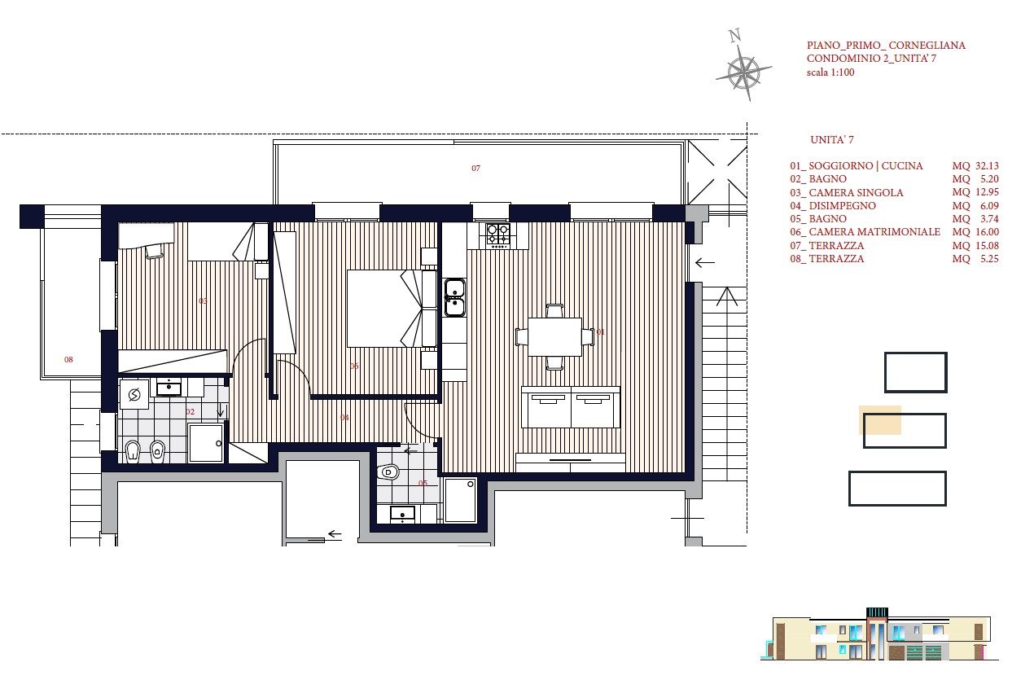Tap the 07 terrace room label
tap(476, 169)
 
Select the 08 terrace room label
tap(68, 360)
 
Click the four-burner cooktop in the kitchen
tap(498, 234)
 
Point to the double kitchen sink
tap(454, 297)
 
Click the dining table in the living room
tap(554, 336)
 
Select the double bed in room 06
tap(392, 309)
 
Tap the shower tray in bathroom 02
tap(206, 443)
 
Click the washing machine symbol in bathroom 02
tap(134, 394)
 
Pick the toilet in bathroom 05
tap(388, 472)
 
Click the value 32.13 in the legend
tap(987, 166)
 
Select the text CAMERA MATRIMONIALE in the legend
tap(874, 232)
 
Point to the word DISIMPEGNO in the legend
tap(842, 205)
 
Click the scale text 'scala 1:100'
tap(830, 72)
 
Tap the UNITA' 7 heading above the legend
tap(832, 139)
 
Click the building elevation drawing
tap(879, 634)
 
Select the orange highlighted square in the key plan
tap(880, 420)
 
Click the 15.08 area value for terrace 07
tap(987, 245)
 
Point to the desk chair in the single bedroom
tap(154, 251)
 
